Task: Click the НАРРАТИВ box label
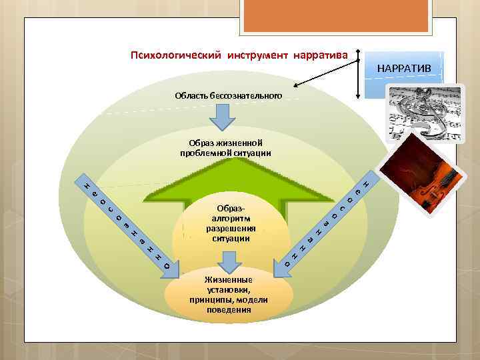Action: (x=404, y=69)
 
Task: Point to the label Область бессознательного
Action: (x=228, y=96)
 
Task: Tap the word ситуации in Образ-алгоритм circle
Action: (x=231, y=238)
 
